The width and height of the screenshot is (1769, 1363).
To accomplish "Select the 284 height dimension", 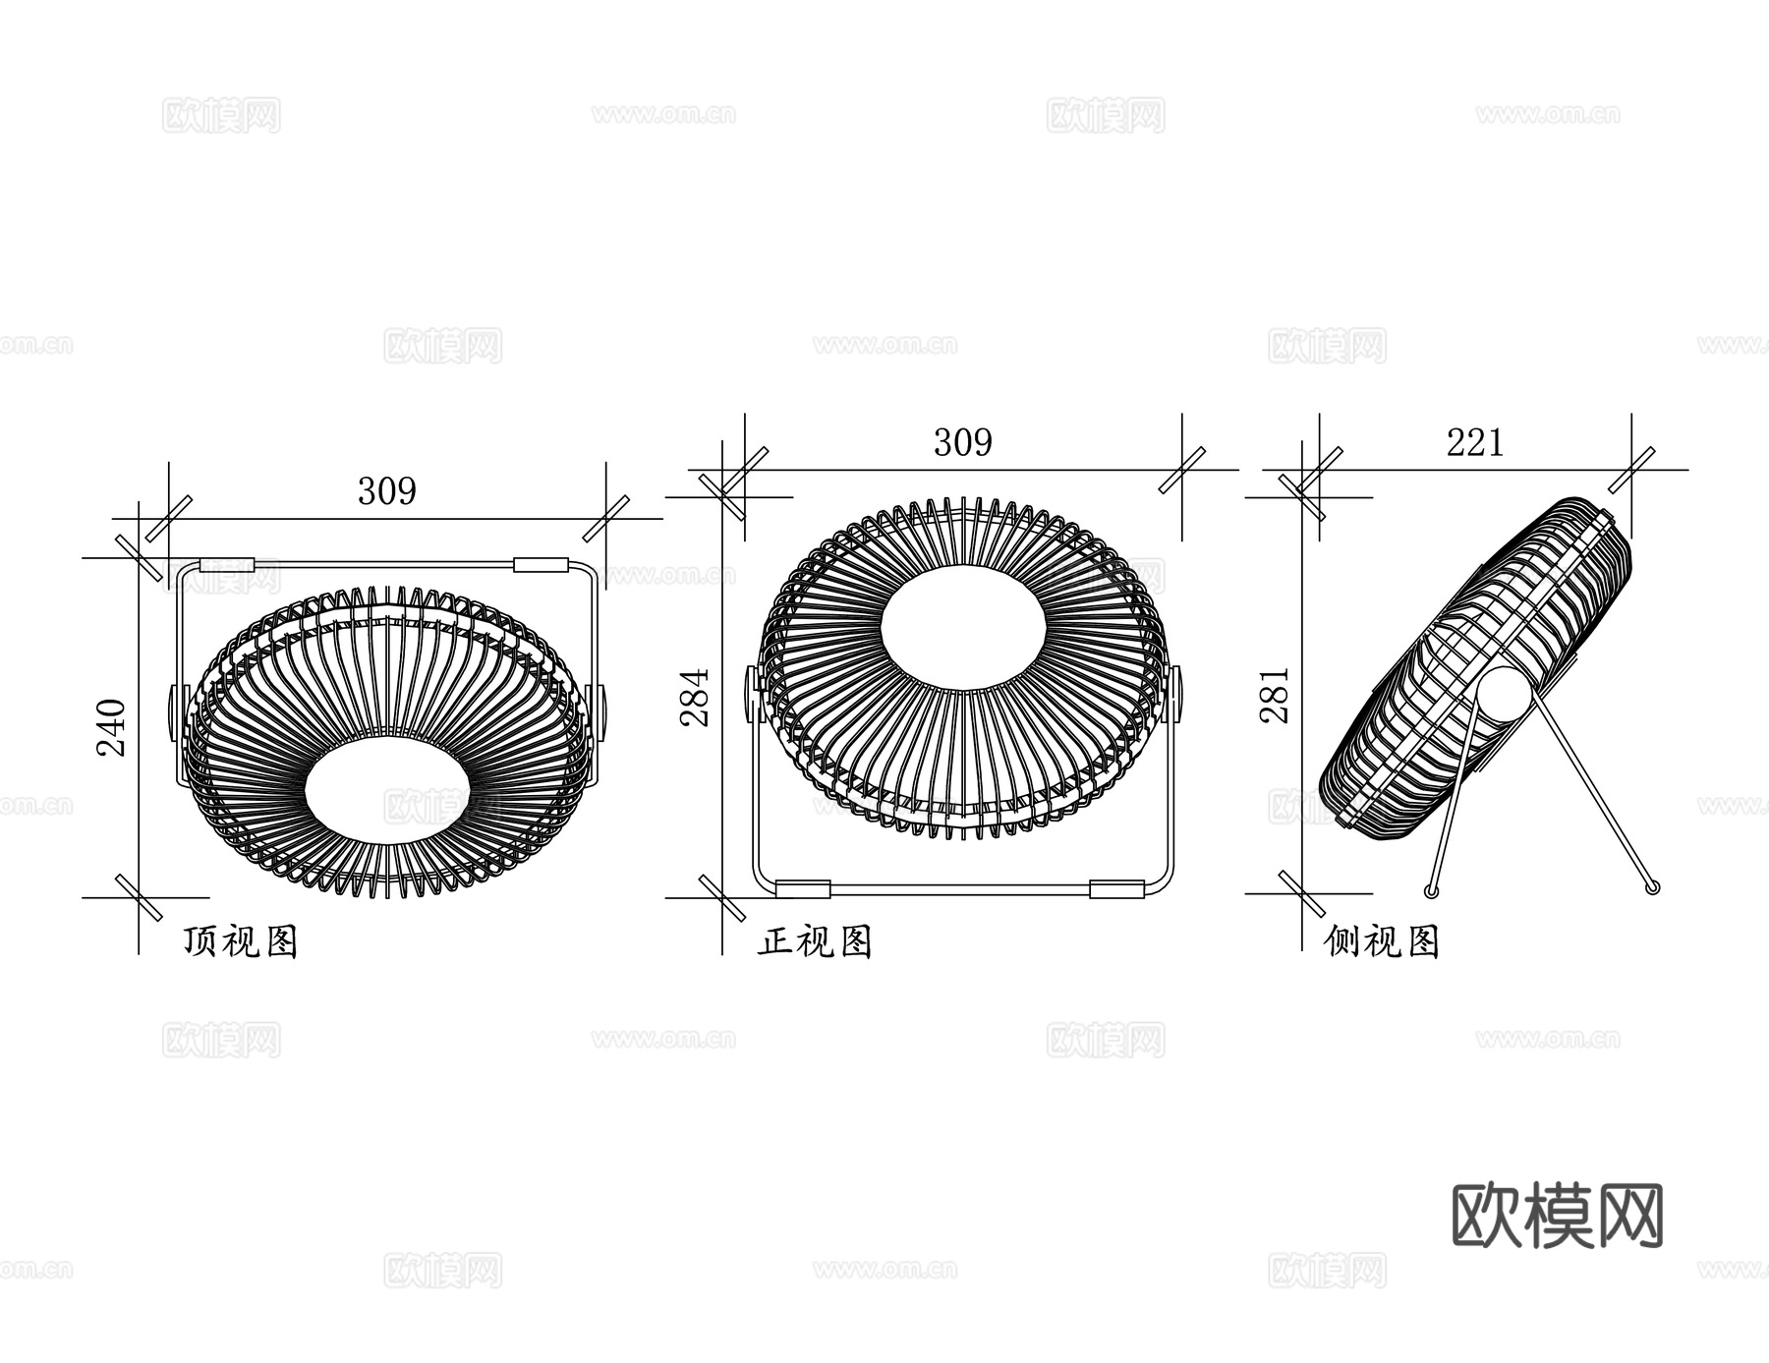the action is click(695, 698).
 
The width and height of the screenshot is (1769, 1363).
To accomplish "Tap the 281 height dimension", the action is click(1275, 696).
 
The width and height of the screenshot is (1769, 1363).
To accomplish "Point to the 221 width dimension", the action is click(1475, 443).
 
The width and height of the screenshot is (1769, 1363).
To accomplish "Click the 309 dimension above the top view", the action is click(387, 490).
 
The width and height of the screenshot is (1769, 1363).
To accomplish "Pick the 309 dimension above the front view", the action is click(963, 442).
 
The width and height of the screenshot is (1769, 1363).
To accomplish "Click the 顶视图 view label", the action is click(241, 941).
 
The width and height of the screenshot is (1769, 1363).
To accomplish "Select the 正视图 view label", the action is click(815, 941).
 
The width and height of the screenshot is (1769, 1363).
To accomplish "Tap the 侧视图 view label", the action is click(1382, 941).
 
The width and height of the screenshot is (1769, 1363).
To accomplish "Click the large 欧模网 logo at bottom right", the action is click(1558, 1216).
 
